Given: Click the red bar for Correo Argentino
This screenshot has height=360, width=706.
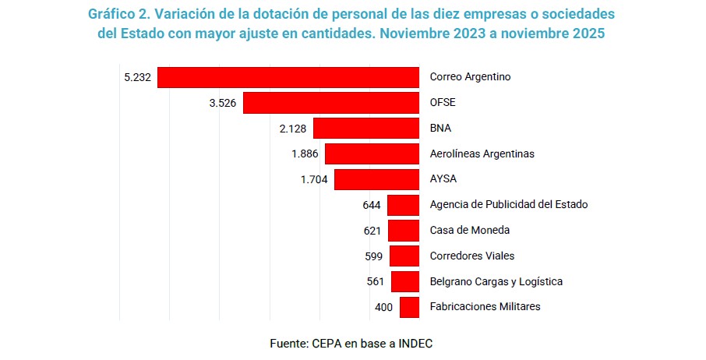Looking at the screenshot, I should pyautogui.click(x=288, y=77).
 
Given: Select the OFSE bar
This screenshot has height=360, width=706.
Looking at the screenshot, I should pyautogui.click(x=331, y=103).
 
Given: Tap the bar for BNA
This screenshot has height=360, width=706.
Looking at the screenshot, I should pyautogui.click(x=366, y=129).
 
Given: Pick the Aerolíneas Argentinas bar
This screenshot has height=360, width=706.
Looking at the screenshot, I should pyautogui.click(x=372, y=154).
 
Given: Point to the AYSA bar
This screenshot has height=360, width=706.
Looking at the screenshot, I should pyautogui.click(x=377, y=179).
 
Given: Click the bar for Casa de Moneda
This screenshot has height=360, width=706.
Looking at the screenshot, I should pyautogui.click(x=404, y=231).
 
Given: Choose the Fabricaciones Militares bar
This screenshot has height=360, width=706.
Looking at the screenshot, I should pyautogui.click(x=410, y=307).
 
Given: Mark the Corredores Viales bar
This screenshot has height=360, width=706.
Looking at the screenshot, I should pyautogui.click(x=404, y=256).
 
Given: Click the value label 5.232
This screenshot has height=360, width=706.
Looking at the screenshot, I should pyautogui.click(x=137, y=77).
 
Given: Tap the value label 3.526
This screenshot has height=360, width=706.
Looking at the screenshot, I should pyautogui.click(x=223, y=103).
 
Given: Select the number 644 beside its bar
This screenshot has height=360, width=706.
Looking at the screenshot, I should pyautogui.click(x=372, y=205).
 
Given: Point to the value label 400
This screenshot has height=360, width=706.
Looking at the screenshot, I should pyautogui.click(x=383, y=307).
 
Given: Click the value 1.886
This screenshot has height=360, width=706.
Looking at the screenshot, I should pyautogui.click(x=305, y=154).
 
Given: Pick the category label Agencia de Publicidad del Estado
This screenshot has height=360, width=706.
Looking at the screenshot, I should pyautogui.click(x=509, y=205).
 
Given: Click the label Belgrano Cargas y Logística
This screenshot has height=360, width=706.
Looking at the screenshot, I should pyautogui.click(x=496, y=281).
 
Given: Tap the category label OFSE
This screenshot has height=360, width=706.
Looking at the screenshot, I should pyautogui.click(x=443, y=103).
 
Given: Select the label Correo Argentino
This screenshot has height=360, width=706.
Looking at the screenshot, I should pyautogui.click(x=471, y=77).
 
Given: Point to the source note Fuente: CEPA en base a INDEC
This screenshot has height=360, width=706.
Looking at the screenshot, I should pyautogui.click(x=351, y=343).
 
